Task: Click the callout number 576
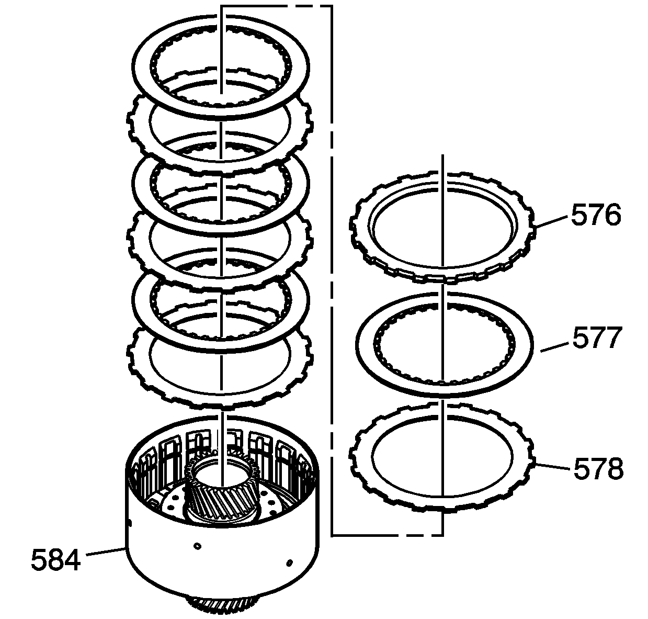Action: click(596, 215)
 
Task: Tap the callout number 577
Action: click(597, 338)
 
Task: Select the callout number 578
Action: click(598, 469)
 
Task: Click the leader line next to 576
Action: click(551, 221)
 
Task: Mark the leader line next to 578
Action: click(552, 466)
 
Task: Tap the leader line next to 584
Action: click(106, 552)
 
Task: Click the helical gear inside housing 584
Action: click(221, 493)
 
